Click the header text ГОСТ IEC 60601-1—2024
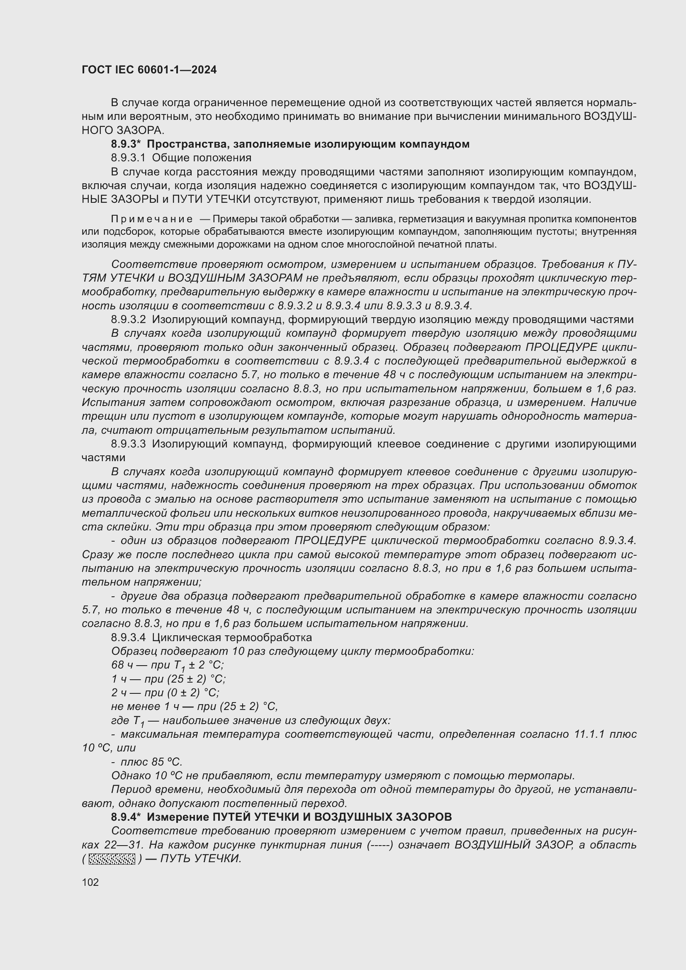point(149,70)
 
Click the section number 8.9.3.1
point(128,158)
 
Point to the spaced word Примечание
point(152,219)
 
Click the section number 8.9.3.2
point(129,319)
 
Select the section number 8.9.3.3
point(129,444)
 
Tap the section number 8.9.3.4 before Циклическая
point(129,637)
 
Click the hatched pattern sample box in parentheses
point(112,859)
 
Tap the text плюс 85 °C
point(151,762)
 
